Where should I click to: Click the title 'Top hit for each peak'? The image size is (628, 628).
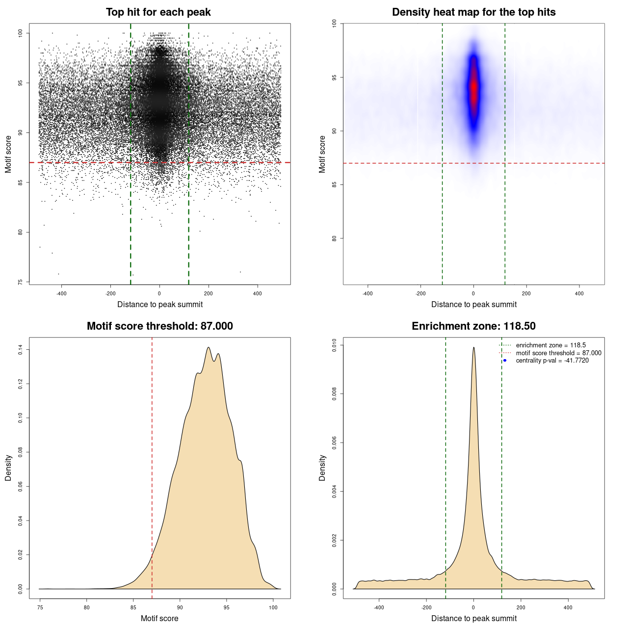(158, 12)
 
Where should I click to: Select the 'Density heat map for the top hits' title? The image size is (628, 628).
(473, 12)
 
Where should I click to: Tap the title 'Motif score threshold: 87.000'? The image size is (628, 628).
(159, 326)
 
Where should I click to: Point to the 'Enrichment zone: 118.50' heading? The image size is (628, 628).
(473, 326)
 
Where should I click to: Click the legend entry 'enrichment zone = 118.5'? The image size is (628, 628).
(550, 345)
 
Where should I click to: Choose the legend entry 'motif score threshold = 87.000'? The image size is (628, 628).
(558, 353)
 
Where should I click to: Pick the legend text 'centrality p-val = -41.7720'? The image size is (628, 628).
(552, 361)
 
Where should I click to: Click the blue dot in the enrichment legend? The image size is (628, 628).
(505, 361)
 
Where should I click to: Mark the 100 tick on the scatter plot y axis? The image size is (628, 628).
(21, 33)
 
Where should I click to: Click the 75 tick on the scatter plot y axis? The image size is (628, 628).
(21, 282)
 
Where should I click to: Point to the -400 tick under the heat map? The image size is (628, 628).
(367, 293)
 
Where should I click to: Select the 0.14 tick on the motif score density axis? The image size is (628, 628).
(21, 349)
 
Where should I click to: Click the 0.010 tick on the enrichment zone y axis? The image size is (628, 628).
(335, 345)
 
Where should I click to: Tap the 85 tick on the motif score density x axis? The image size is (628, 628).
(133, 607)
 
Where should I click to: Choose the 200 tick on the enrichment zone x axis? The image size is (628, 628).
(521, 607)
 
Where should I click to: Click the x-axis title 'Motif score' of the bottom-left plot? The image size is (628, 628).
(159, 618)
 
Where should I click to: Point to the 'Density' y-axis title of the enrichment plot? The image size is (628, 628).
(322, 468)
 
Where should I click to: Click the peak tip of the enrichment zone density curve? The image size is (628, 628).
(473, 348)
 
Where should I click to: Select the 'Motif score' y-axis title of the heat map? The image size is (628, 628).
(322, 154)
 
